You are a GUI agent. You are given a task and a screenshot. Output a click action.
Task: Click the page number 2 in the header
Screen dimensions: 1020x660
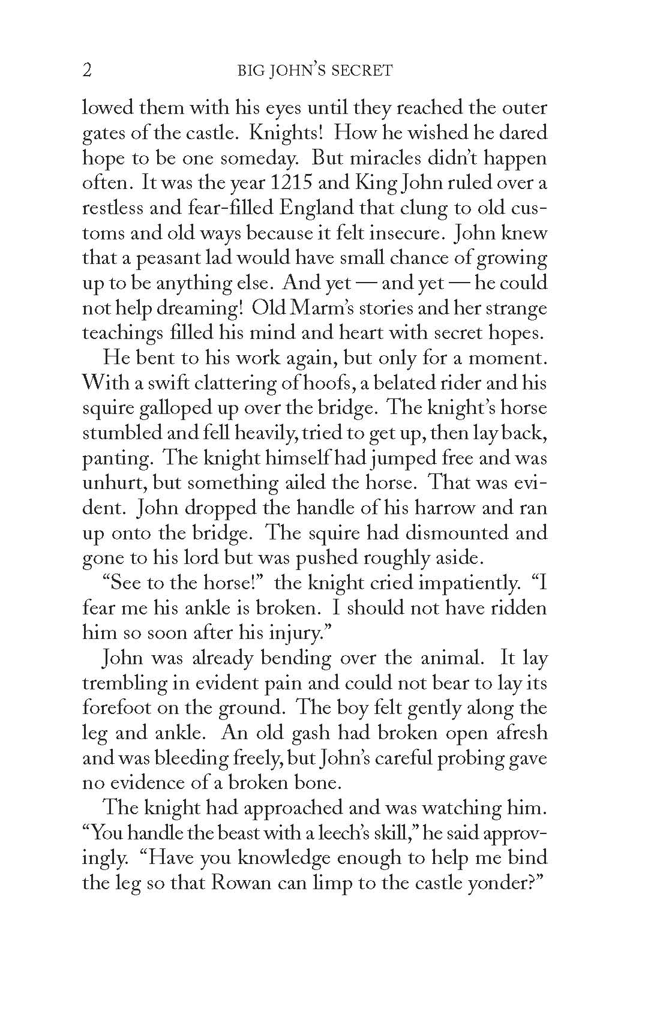(87, 71)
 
